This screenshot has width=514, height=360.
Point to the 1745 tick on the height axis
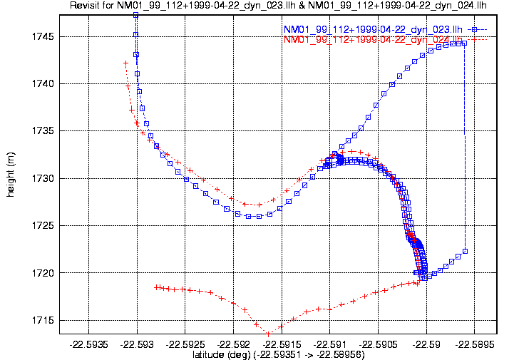click(x=44, y=36)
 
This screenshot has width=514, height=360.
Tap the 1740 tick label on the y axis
click(x=44, y=83)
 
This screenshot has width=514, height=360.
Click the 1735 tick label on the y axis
click(x=44, y=131)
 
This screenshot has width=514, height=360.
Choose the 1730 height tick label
click(x=44, y=178)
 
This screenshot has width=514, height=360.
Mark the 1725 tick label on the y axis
click(x=44, y=225)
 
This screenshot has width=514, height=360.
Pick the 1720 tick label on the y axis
click(x=44, y=273)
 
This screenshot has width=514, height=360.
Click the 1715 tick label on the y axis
click(x=44, y=320)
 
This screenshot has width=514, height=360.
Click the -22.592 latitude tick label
click(x=233, y=344)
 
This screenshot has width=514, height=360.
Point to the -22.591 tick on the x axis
click(x=329, y=344)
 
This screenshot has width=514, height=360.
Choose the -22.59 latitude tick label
click(x=426, y=344)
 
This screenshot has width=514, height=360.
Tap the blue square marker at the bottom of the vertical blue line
click(x=465, y=251)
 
